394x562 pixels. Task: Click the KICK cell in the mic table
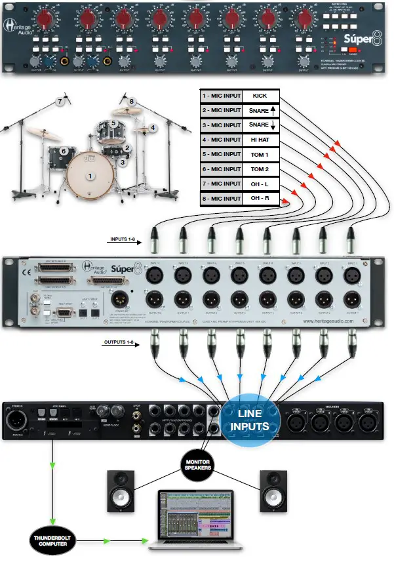260,96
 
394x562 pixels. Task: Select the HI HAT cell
260,140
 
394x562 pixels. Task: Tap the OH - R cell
260,198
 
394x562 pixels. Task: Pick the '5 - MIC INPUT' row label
221,154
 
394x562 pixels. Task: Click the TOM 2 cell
260,169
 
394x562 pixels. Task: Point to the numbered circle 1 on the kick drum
91,176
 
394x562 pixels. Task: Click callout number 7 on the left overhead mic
60,101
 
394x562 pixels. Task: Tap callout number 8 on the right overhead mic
131,101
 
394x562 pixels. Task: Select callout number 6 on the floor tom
64,151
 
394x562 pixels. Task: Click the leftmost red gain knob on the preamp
46,19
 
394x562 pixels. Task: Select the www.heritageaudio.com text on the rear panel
327,322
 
